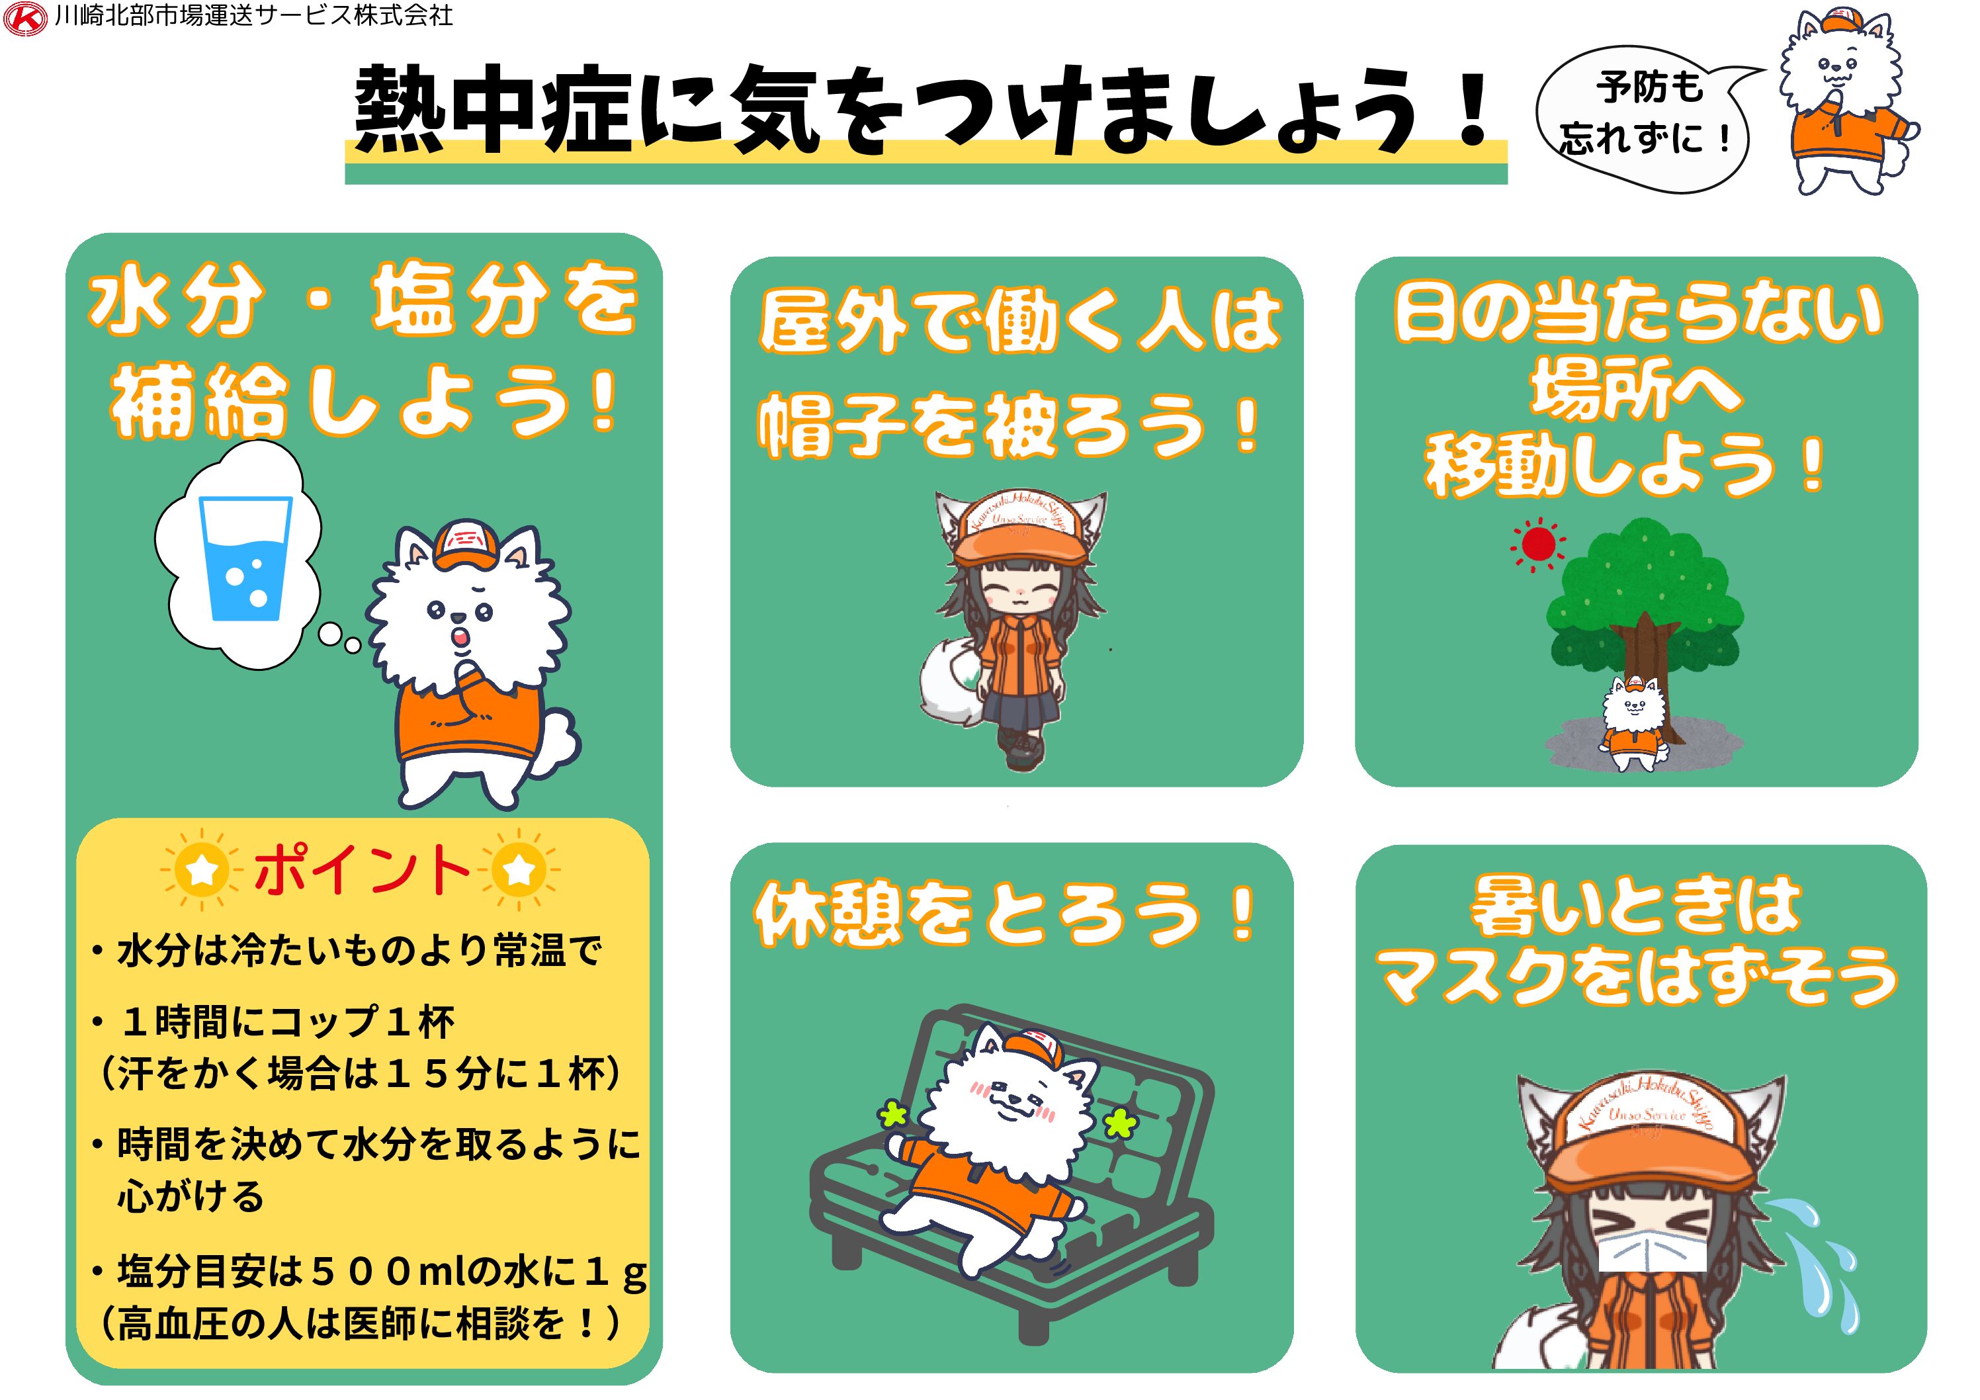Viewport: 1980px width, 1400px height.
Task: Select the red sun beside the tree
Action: tap(1537, 545)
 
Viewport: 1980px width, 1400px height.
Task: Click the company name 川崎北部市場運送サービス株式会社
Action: tap(253, 17)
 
